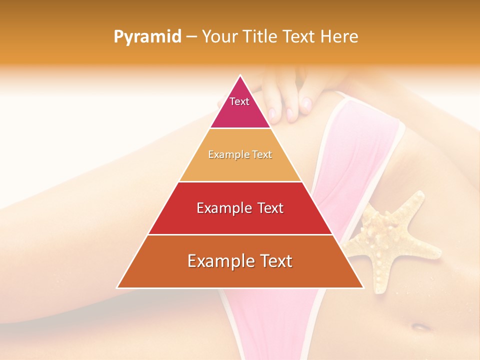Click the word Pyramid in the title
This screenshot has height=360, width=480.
pos(147,37)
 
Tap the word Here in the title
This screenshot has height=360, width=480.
pos(339,37)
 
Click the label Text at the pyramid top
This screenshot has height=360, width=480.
pos(239,101)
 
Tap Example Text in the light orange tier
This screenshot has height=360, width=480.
pos(240,154)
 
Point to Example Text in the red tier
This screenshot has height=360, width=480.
pos(240,208)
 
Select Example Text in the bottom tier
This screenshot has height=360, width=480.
pos(240,261)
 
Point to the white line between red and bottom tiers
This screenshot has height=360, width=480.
pos(240,234)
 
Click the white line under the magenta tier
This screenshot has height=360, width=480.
pos(240,128)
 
